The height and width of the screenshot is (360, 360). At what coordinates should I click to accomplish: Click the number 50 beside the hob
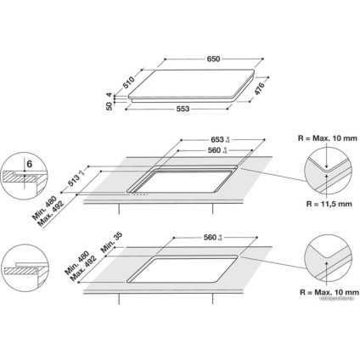[x=111, y=105]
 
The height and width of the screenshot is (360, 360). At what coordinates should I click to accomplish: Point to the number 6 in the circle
[x=29, y=164]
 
